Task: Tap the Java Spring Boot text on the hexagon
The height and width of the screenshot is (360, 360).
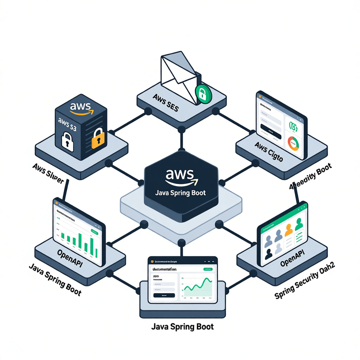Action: tap(181, 193)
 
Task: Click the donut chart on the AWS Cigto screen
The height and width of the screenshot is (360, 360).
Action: tap(294, 143)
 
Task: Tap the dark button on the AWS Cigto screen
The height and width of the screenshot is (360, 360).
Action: tap(270, 130)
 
